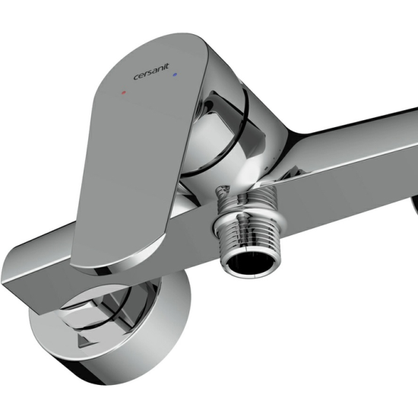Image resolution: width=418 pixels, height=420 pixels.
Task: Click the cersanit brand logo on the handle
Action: (x=151, y=72)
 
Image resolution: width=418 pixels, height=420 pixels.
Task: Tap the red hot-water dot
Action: (x=123, y=93)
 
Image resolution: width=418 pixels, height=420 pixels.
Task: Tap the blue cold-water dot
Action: (x=175, y=75)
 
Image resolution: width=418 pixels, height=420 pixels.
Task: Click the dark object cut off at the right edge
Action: (x=414, y=205)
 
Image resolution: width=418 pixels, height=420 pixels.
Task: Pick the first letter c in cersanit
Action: (x=136, y=78)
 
